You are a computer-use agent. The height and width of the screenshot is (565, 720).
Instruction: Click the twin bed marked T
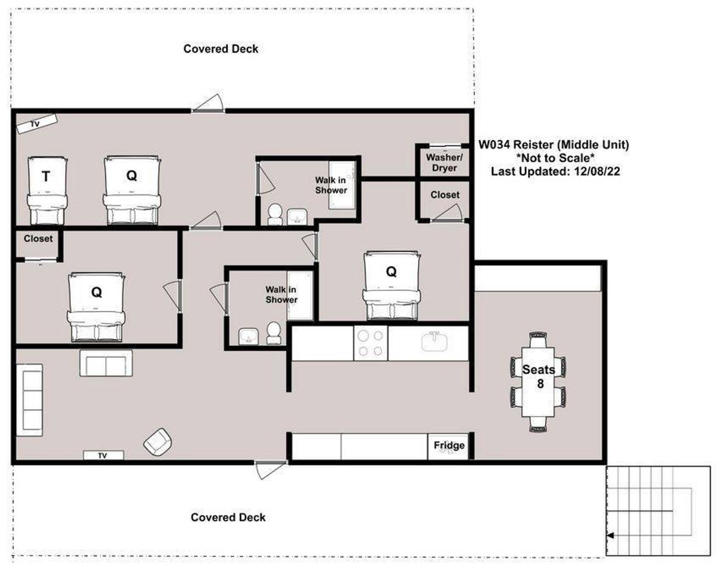(48, 191)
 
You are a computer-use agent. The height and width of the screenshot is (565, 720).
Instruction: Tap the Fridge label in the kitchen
(449, 445)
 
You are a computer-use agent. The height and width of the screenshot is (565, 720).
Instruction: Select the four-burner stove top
(370, 343)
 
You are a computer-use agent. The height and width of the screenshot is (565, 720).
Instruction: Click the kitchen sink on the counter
(434, 342)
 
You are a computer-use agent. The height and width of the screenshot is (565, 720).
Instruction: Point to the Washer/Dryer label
(444, 163)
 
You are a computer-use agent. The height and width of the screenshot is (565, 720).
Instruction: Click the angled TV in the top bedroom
(37, 124)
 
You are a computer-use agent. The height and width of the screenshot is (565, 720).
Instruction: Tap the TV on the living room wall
(103, 455)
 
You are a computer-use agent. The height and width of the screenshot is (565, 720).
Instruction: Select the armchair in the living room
(158, 442)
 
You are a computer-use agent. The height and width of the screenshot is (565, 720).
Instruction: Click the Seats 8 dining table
(538, 382)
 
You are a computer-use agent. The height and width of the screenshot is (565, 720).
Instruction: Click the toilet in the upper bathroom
(275, 214)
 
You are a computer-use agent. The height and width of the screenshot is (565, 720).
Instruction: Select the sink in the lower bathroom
(249, 336)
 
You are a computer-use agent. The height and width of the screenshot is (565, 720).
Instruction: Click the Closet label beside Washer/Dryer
(445, 195)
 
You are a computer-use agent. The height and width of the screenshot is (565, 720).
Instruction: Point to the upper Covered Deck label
(220, 49)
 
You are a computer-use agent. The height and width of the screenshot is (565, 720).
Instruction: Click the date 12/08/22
(597, 171)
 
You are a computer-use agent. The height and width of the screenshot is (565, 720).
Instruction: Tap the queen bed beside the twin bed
(132, 190)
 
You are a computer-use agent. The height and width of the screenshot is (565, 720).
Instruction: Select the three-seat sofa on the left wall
(29, 400)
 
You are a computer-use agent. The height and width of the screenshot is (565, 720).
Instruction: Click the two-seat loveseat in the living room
(106, 363)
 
